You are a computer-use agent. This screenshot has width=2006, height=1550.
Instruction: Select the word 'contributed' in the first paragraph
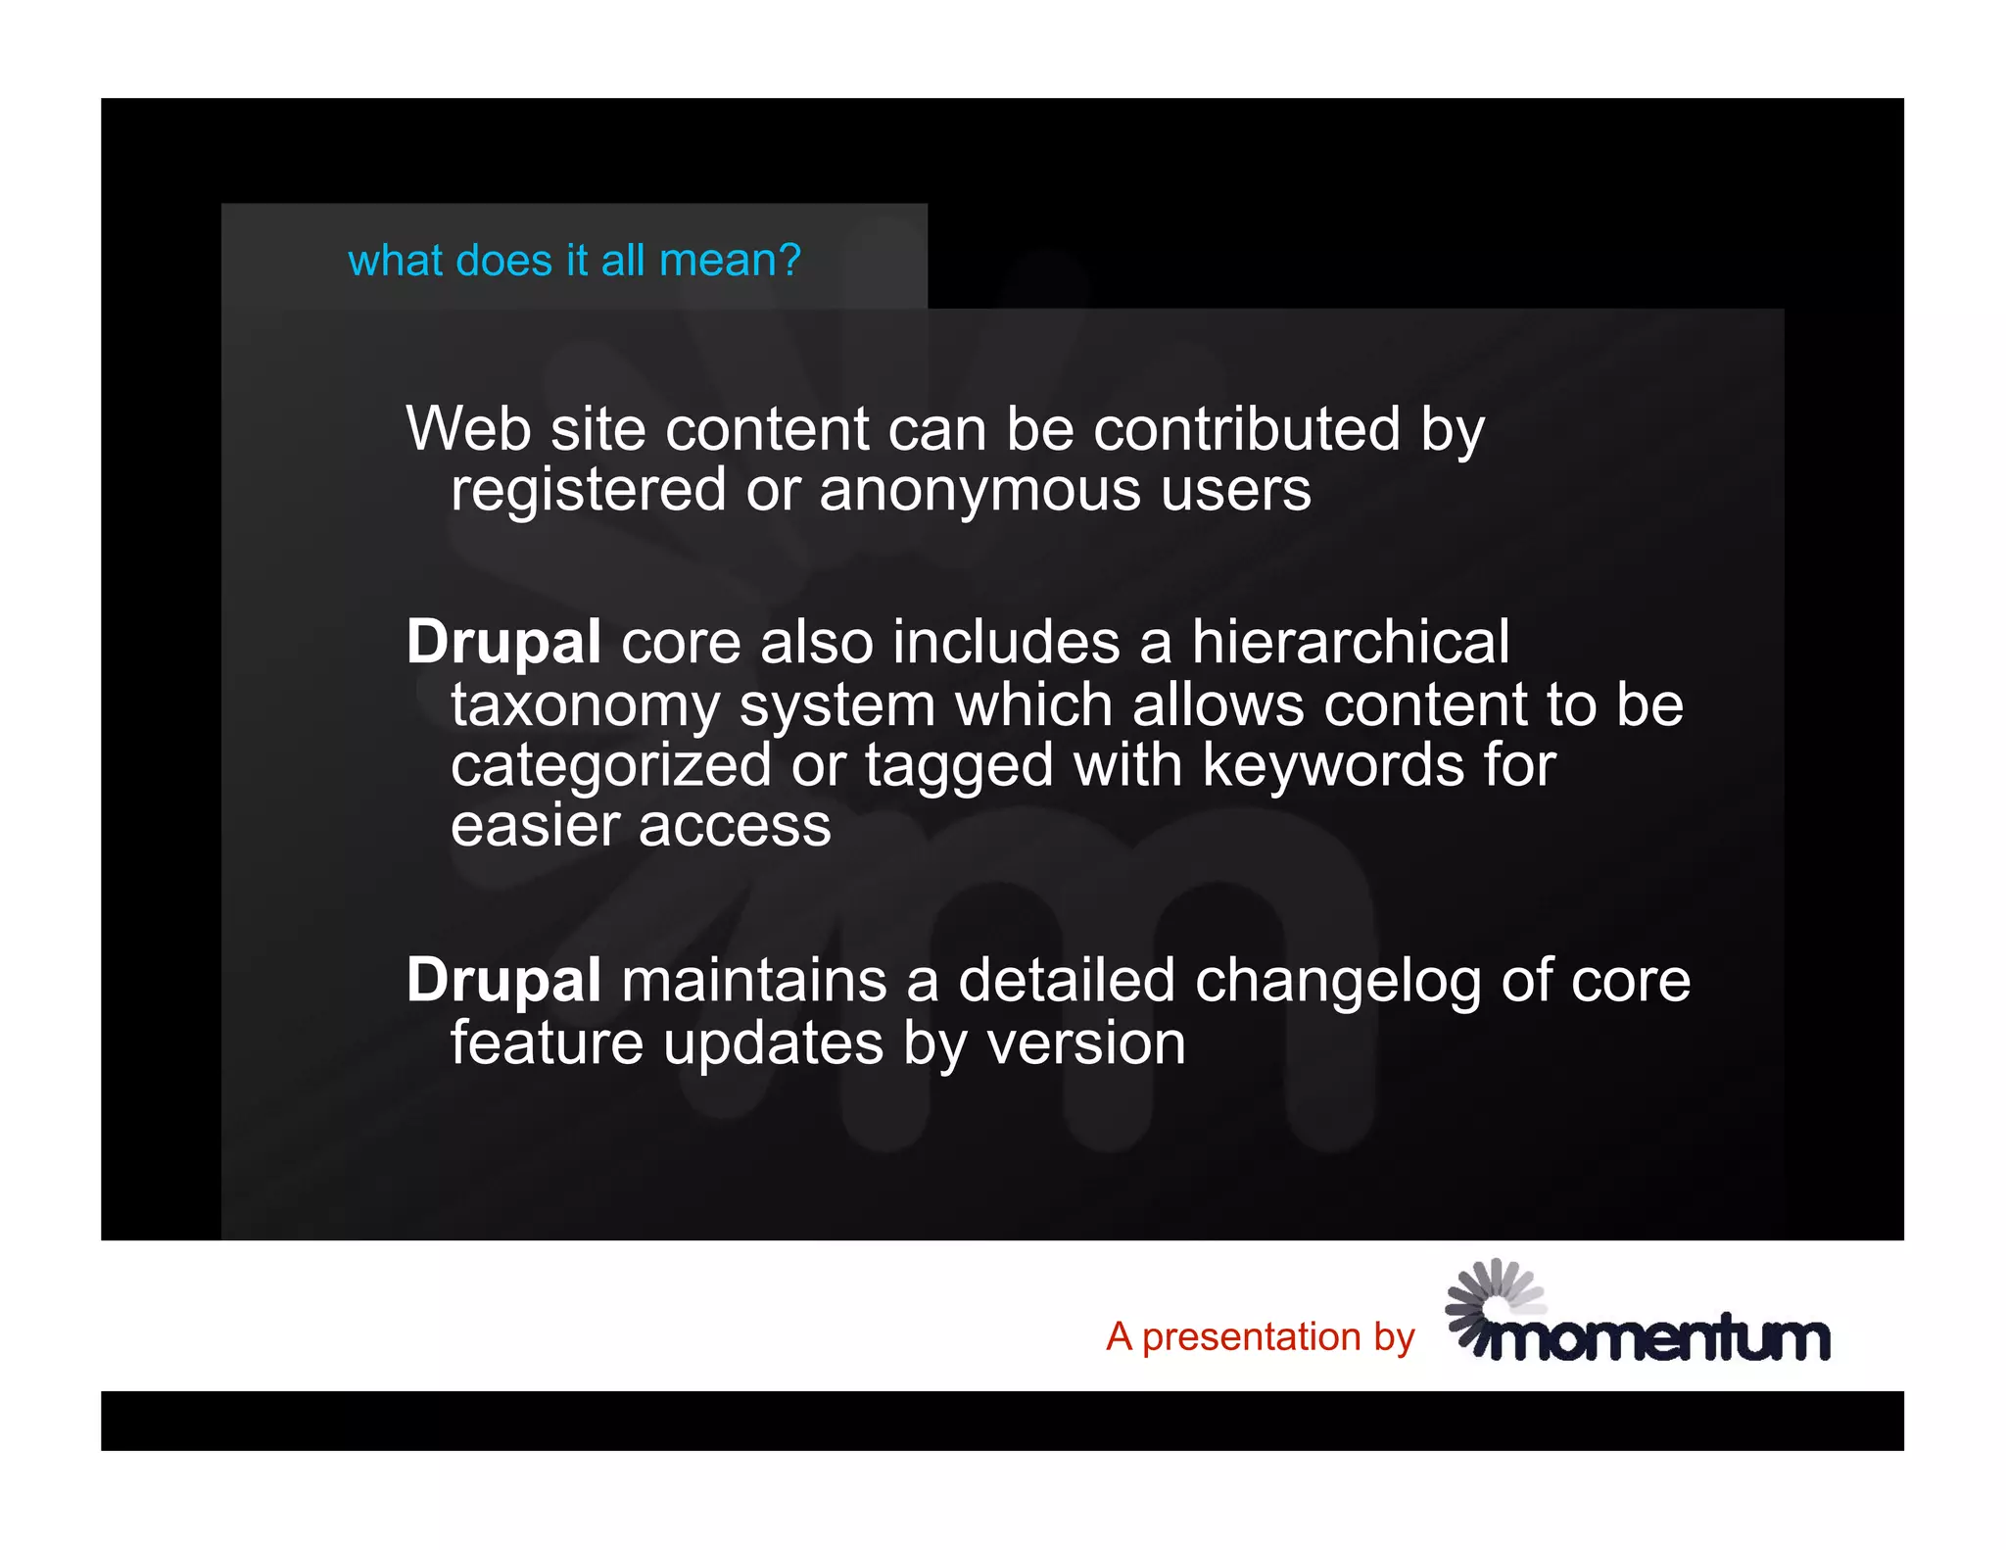tap(1247, 429)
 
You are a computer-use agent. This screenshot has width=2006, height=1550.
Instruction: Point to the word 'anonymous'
tap(979, 490)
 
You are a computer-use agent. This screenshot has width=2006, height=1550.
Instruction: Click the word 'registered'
tap(588, 490)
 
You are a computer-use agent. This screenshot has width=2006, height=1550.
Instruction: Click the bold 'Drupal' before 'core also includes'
tap(503, 643)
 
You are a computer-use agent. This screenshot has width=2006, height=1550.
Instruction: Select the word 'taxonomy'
tap(585, 706)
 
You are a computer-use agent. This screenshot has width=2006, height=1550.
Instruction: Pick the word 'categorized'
tap(610, 765)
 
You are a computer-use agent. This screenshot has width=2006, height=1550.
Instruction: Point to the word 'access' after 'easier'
tap(735, 826)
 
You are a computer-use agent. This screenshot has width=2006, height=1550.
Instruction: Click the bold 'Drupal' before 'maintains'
tap(503, 981)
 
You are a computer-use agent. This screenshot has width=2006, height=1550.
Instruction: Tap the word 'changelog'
tap(1338, 981)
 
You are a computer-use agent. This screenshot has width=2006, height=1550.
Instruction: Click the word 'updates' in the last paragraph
tap(774, 1042)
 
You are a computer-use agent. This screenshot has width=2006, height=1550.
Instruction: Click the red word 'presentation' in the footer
tap(1252, 1337)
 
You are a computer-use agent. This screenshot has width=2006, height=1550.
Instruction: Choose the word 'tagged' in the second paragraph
tap(959, 765)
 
